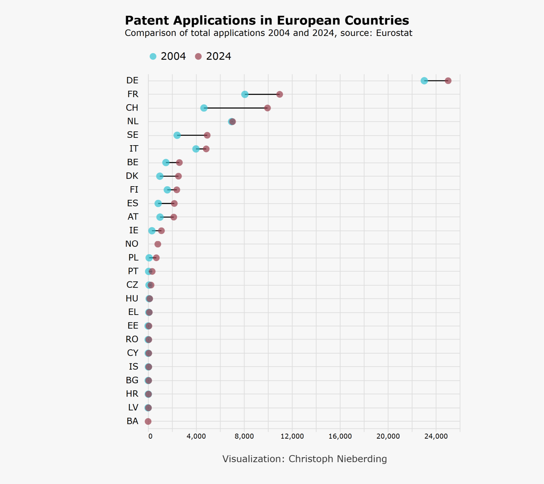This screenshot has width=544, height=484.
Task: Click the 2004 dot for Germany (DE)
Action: pyautogui.click(x=424, y=81)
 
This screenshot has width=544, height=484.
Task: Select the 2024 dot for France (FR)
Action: pyautogui.click(x=280, y=94)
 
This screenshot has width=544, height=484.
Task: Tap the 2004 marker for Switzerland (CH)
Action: pyautogui.click(x=204, y=108)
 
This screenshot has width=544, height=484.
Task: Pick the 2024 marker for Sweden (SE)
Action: pyautogui.click(x=207, y=135)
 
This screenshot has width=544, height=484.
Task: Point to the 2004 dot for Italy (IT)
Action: pyautogui.click(x=196, y=149)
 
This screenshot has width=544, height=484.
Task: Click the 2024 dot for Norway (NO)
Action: pyautogui.click(x=158, y=244)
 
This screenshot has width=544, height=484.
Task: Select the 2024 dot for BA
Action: pyautogui.click(x=148, y=421)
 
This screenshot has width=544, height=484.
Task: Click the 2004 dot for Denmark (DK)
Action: pyautogui.click(x=160, y=176)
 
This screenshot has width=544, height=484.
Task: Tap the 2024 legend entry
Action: pyautogui.click(x=213, y=56)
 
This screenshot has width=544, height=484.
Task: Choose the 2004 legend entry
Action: pyautogui.click(x=168, y=56)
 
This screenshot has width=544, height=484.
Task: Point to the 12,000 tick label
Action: pyautogui.click(x=292, y=436)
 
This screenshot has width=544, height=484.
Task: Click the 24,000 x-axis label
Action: pyautogui.click(x=436, y=436)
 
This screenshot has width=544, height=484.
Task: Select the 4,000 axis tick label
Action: pyautogui.click(x=196, y=436)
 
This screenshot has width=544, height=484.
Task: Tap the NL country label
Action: pyautogui.click(x=133, y=121)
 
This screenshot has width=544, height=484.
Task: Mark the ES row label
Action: pyautogui.click(x=133, y=203)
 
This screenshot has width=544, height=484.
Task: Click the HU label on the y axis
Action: pyautogui.click(x=132, y=298)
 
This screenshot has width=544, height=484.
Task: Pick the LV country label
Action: pyautogui.click(x=133, y=408)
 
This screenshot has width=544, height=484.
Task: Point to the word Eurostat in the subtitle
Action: pyautogui.click(x=394, y=33)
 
